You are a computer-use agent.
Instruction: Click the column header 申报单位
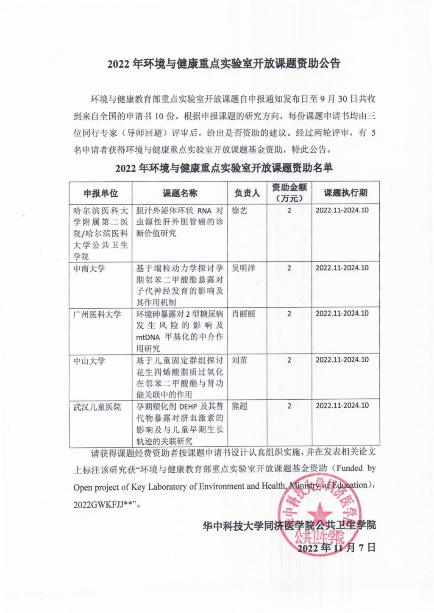tap(100, 194)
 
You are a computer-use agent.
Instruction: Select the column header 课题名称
tap(180, 194)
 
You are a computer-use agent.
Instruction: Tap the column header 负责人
tap(247, 193)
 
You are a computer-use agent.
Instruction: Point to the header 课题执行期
tap(345, 193)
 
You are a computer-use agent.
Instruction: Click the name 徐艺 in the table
tap(239, 210)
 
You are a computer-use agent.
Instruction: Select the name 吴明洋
tap(243, 268)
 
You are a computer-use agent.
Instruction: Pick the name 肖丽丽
tap(243, 314)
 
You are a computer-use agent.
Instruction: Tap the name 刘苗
tap(239, 360)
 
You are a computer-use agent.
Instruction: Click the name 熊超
tap(239, 406)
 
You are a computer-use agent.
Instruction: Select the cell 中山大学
tap(89, 361)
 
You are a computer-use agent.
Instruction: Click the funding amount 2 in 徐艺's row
tap(289, 210)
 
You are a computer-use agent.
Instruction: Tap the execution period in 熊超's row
tap(342, 406)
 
